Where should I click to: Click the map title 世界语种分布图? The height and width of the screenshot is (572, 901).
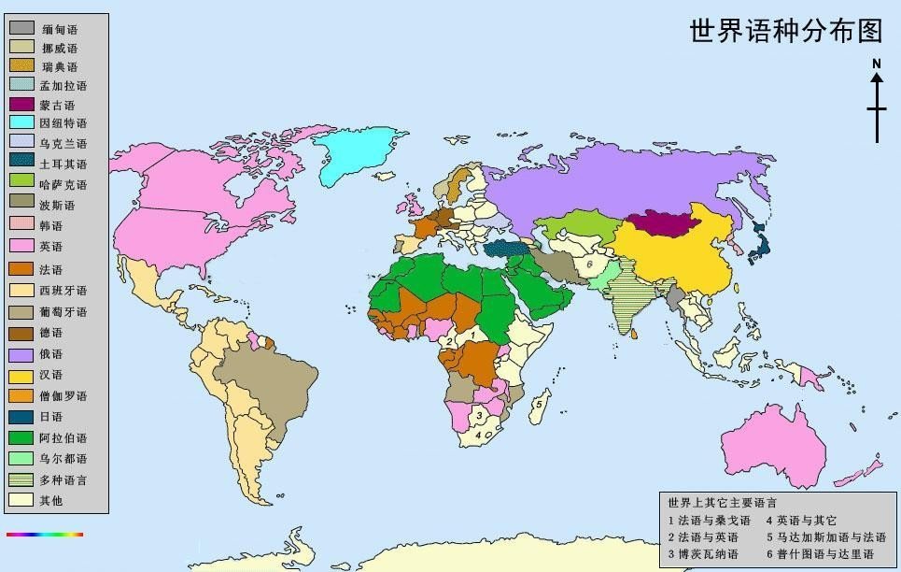785,31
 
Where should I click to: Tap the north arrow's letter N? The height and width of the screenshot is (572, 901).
877,64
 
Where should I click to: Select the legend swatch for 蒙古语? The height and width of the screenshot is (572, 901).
22,105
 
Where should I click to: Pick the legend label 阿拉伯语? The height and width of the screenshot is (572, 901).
63,437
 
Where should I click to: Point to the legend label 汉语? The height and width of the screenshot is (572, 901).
52,376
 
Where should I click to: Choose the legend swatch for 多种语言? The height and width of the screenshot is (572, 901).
22,479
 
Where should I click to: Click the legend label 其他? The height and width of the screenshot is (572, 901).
52,500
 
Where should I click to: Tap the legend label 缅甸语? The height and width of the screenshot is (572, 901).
59,30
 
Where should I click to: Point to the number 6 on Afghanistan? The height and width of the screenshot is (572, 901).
589,265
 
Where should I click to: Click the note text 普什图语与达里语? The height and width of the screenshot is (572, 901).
825,554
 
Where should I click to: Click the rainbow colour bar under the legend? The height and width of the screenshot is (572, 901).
45,535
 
